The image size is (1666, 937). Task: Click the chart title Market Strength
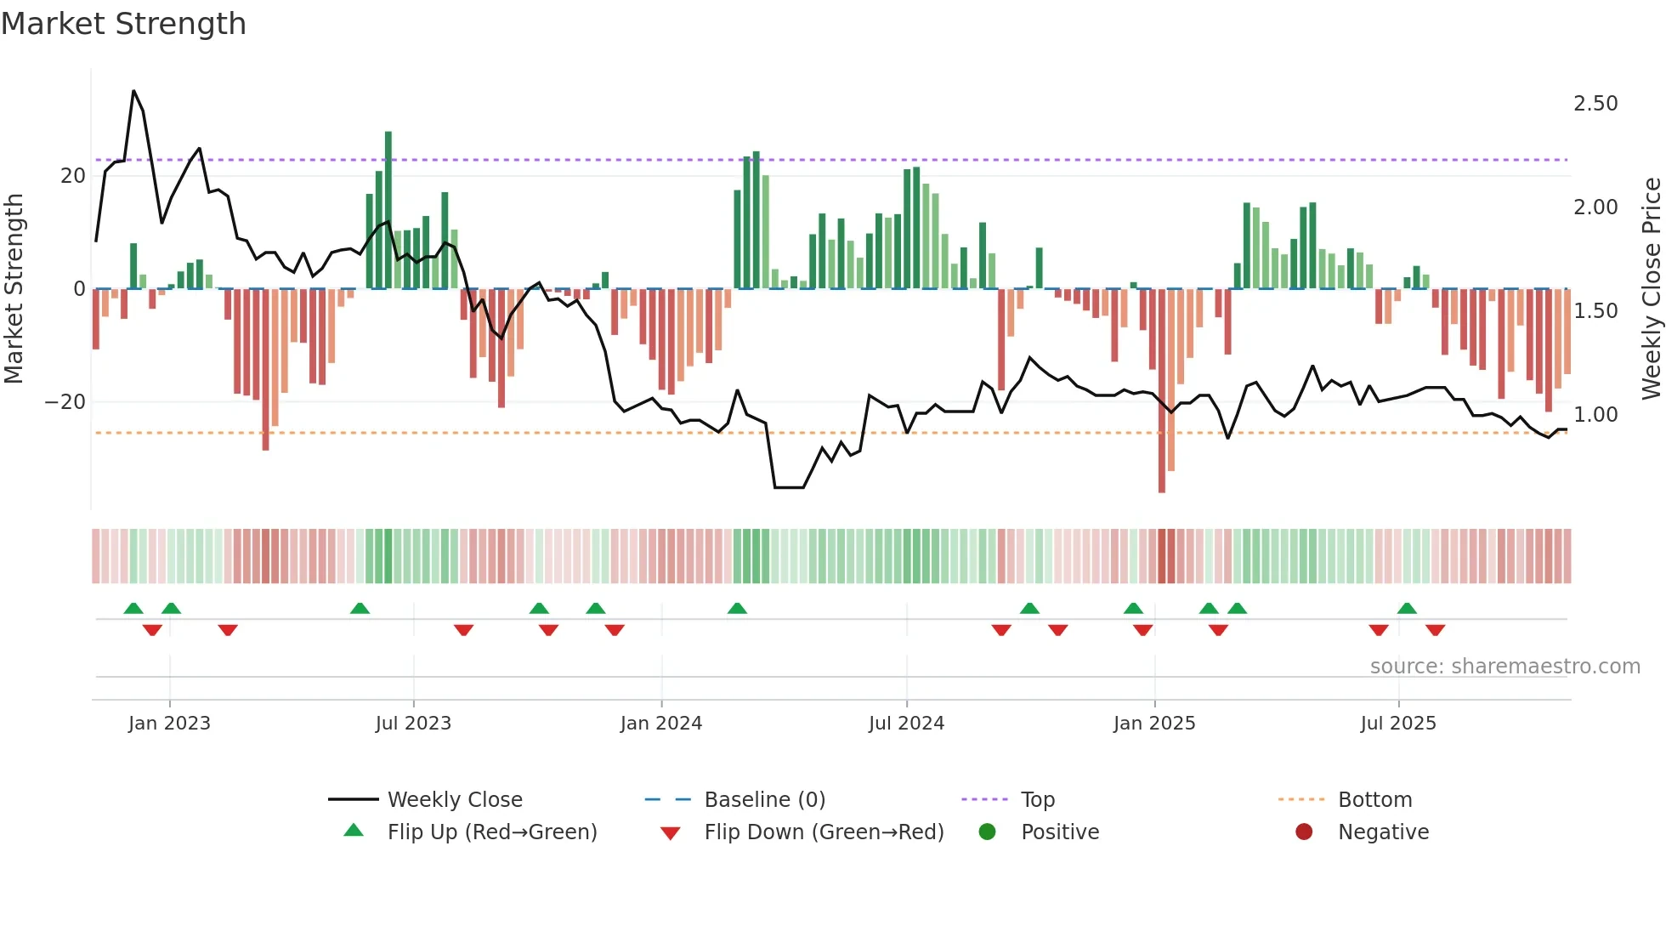[124, 24]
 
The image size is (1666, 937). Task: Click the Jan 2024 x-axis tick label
[660, 724]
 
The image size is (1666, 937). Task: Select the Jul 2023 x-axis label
[413, 724]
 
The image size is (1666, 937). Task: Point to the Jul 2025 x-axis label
[1398, 724]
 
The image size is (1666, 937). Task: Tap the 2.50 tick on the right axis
[1595, 104]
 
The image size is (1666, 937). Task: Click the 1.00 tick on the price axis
[1595, 415]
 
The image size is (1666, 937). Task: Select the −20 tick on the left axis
[65, 402]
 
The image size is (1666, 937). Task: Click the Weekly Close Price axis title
[1651, 289]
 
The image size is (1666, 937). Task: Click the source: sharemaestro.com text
[1504, 667]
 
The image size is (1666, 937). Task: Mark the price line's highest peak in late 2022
[133, 91]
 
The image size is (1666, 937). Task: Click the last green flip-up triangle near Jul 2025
[1407, 609]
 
